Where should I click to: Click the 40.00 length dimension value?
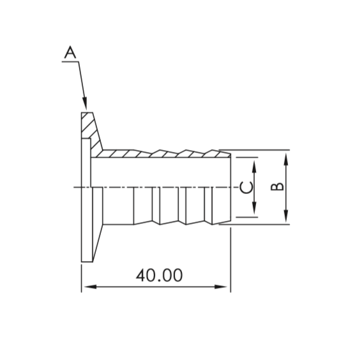pos(159,275)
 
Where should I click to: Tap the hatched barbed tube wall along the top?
pos(160,154)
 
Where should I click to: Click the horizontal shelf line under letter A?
pos(70,61)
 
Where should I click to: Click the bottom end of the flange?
pos(86,259)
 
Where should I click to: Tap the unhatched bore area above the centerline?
pos(160,172)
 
